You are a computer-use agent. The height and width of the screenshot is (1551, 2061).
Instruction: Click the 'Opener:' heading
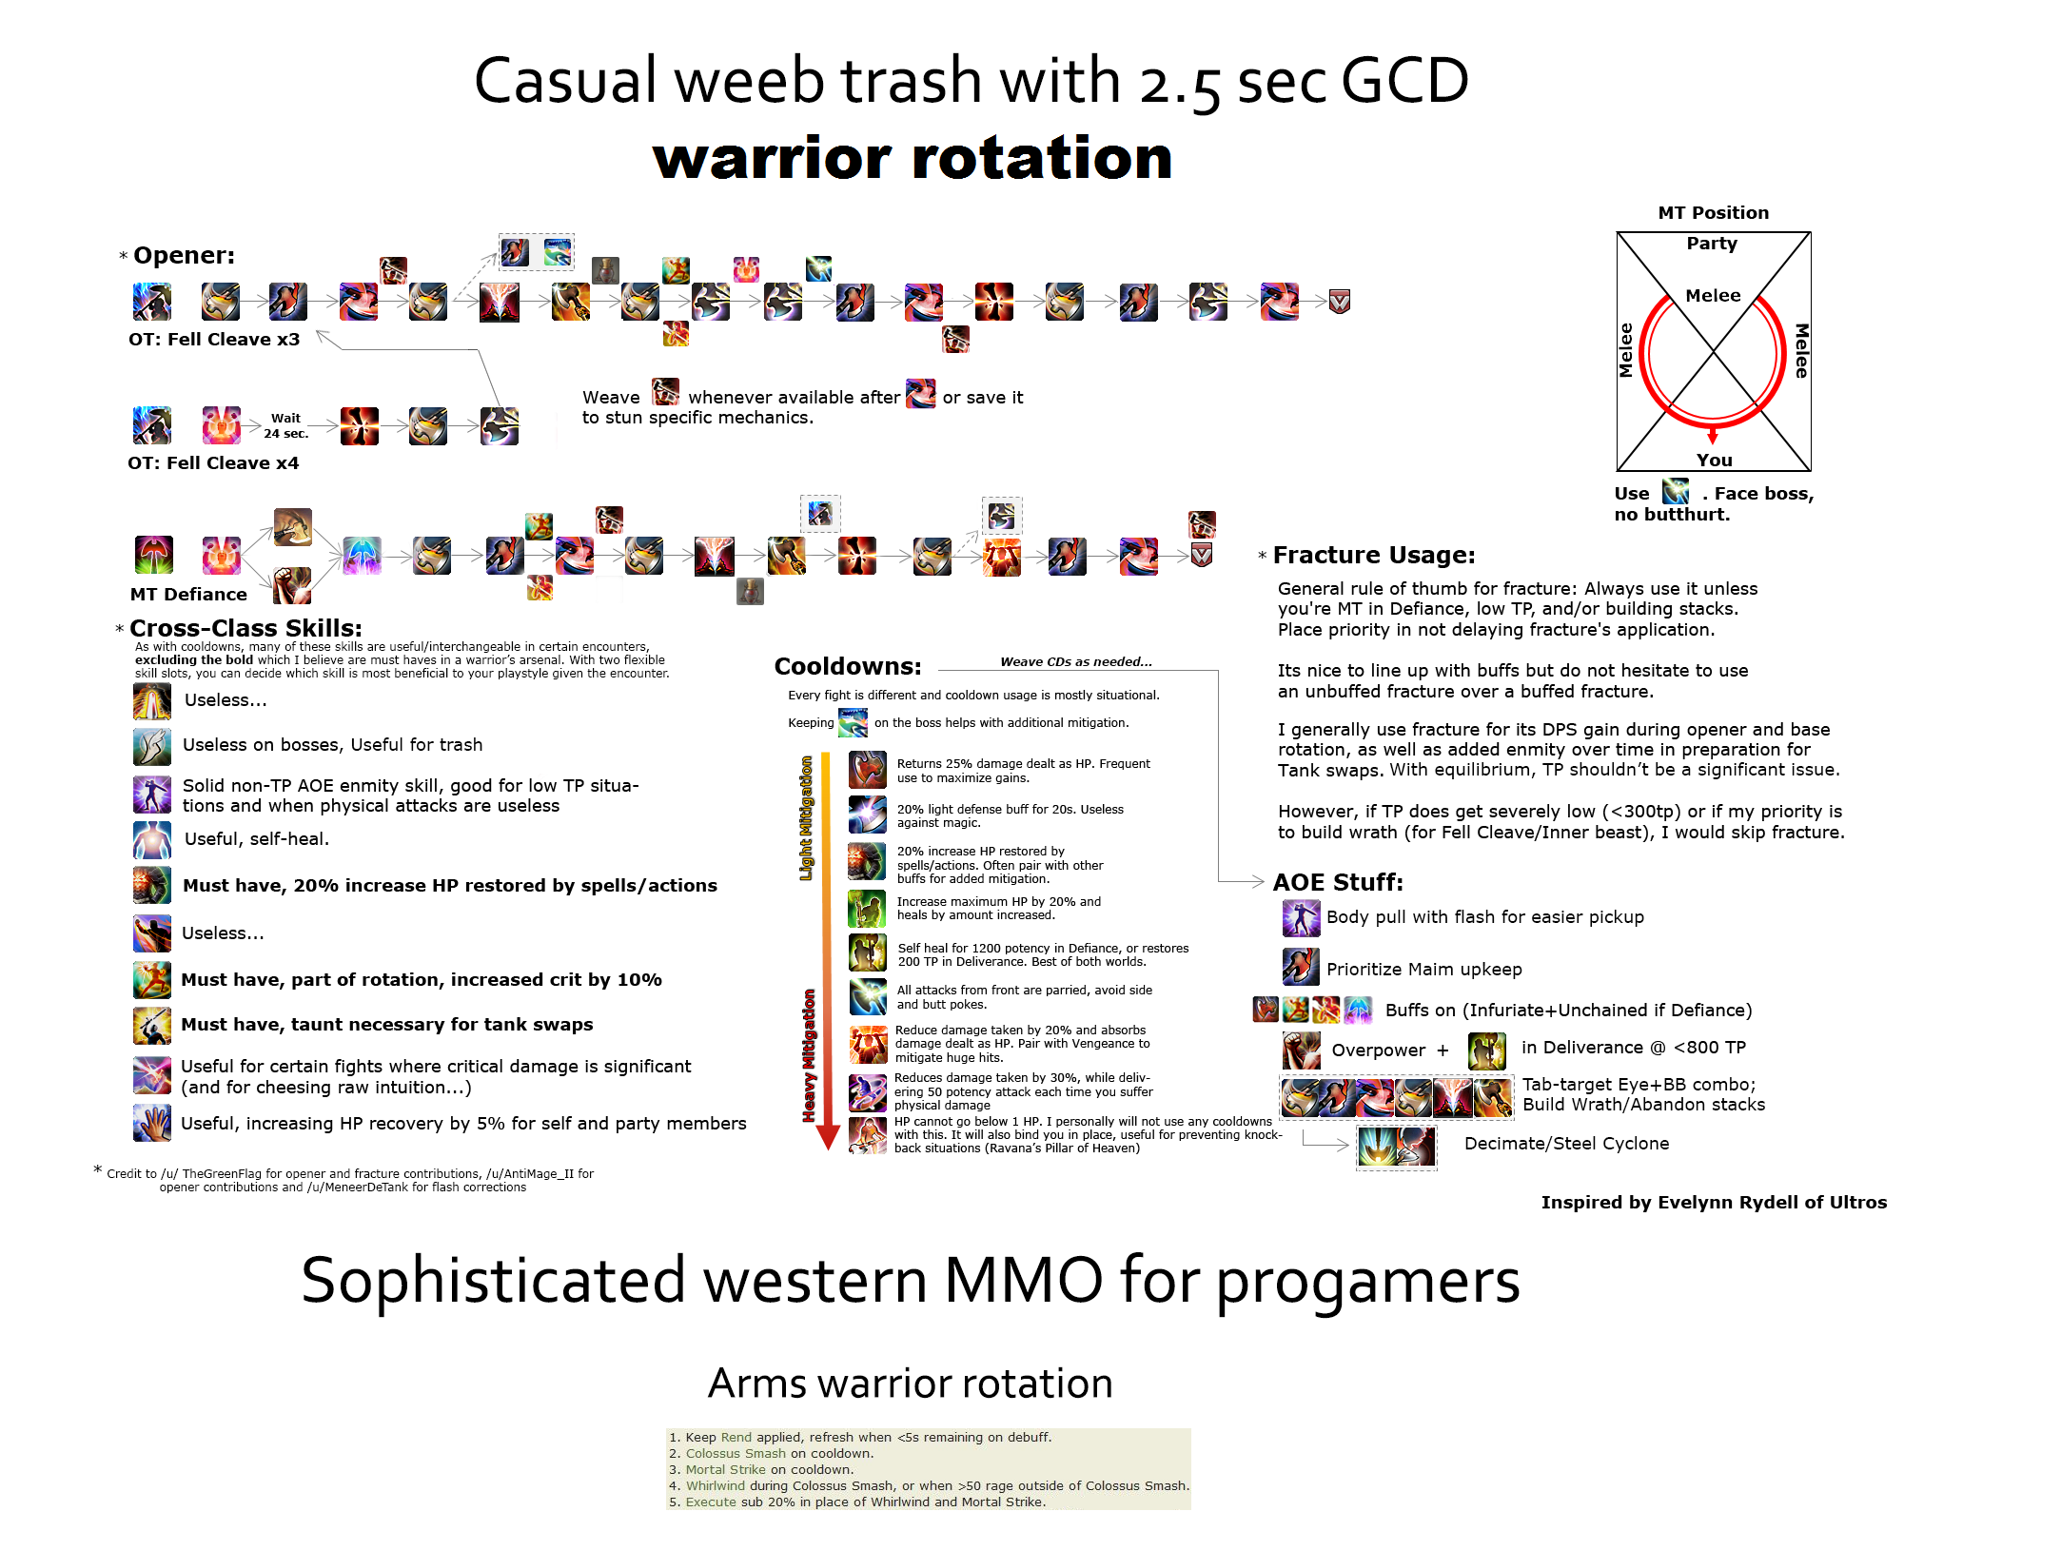184,255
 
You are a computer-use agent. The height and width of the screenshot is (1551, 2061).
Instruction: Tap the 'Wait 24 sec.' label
285,425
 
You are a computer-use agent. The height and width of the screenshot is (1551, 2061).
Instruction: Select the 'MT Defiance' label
188,594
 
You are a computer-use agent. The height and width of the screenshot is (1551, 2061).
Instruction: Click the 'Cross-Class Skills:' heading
245,628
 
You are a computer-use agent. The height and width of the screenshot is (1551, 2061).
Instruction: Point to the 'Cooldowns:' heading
848,666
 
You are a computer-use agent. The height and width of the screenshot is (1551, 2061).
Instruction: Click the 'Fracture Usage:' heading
1373,555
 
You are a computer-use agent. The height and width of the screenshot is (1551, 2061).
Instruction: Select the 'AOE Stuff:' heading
1338,882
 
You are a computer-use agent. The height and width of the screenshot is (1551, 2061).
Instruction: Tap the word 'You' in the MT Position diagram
1714,460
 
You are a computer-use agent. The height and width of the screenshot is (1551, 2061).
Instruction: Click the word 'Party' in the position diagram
1712,243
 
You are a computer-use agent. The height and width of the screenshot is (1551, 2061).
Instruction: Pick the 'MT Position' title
1713,212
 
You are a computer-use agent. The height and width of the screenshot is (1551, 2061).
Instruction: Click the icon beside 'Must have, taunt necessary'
152,1025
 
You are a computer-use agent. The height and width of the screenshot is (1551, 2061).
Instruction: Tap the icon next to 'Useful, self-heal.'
152,839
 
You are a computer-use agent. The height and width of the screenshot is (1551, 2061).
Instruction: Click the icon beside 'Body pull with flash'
1301,917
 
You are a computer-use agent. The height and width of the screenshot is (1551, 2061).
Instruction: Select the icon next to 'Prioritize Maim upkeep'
1301,968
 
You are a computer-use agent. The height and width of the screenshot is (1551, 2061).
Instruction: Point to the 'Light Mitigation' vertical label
806,818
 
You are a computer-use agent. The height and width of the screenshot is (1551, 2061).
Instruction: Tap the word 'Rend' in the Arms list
736,1437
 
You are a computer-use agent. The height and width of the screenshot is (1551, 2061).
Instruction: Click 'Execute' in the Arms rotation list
711,1502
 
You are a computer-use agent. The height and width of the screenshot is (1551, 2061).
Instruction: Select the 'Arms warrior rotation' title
910,1383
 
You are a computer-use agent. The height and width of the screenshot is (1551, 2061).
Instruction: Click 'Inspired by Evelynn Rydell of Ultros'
1713,1202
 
